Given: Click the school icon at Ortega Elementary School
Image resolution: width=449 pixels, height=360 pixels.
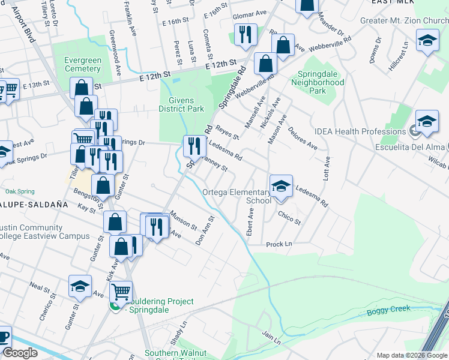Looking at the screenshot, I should pos(280,187).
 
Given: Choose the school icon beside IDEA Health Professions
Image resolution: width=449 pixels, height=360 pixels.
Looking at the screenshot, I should pos(426,122).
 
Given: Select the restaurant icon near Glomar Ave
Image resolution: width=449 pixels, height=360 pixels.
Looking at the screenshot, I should pos(245,35).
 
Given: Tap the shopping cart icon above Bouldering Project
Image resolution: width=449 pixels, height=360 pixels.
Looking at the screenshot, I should pos(122,292).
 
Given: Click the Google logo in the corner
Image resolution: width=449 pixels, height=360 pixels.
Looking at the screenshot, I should pos(20,353).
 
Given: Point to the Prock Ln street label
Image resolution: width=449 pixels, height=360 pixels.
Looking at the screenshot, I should pos(279,244).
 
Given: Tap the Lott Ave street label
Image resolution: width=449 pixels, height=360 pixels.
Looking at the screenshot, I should pos(327,170).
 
